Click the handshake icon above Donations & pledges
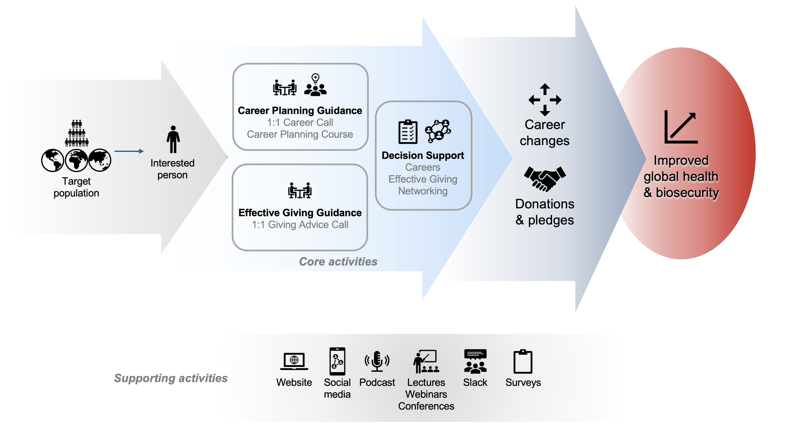point(545,179)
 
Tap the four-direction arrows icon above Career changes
point(545,100)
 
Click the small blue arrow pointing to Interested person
point(129,151)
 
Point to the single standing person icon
point(173,139)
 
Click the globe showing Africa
point(76,160)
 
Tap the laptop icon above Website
point(294,361)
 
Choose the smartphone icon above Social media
point(337,361)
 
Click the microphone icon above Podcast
point(377,361)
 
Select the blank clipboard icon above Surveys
point(523,361)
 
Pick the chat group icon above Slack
point(475,361)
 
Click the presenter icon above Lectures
point(426,361)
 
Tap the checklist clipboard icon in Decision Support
point(408,132)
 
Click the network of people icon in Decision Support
point(438,130)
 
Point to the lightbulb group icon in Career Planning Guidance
point(315,85)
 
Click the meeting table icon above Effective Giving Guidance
point(300,191)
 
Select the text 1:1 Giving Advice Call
point(300,225)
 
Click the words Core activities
point(338,262)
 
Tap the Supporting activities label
point(171,378)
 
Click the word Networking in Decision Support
point(423,191)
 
